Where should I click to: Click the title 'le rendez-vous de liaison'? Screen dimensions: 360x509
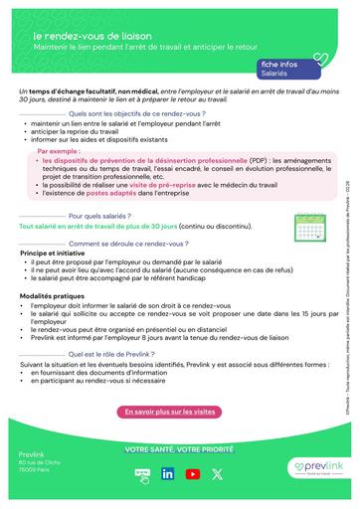pos(87,35)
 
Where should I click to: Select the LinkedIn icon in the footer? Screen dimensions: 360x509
pos(166,474)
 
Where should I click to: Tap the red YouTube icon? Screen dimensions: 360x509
pos(193,474)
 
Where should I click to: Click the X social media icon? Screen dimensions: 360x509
pos(218,474)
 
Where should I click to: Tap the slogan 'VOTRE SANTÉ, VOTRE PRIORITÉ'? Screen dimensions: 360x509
pos(179,449)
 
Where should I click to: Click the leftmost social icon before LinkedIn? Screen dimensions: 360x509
pos(139,474)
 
